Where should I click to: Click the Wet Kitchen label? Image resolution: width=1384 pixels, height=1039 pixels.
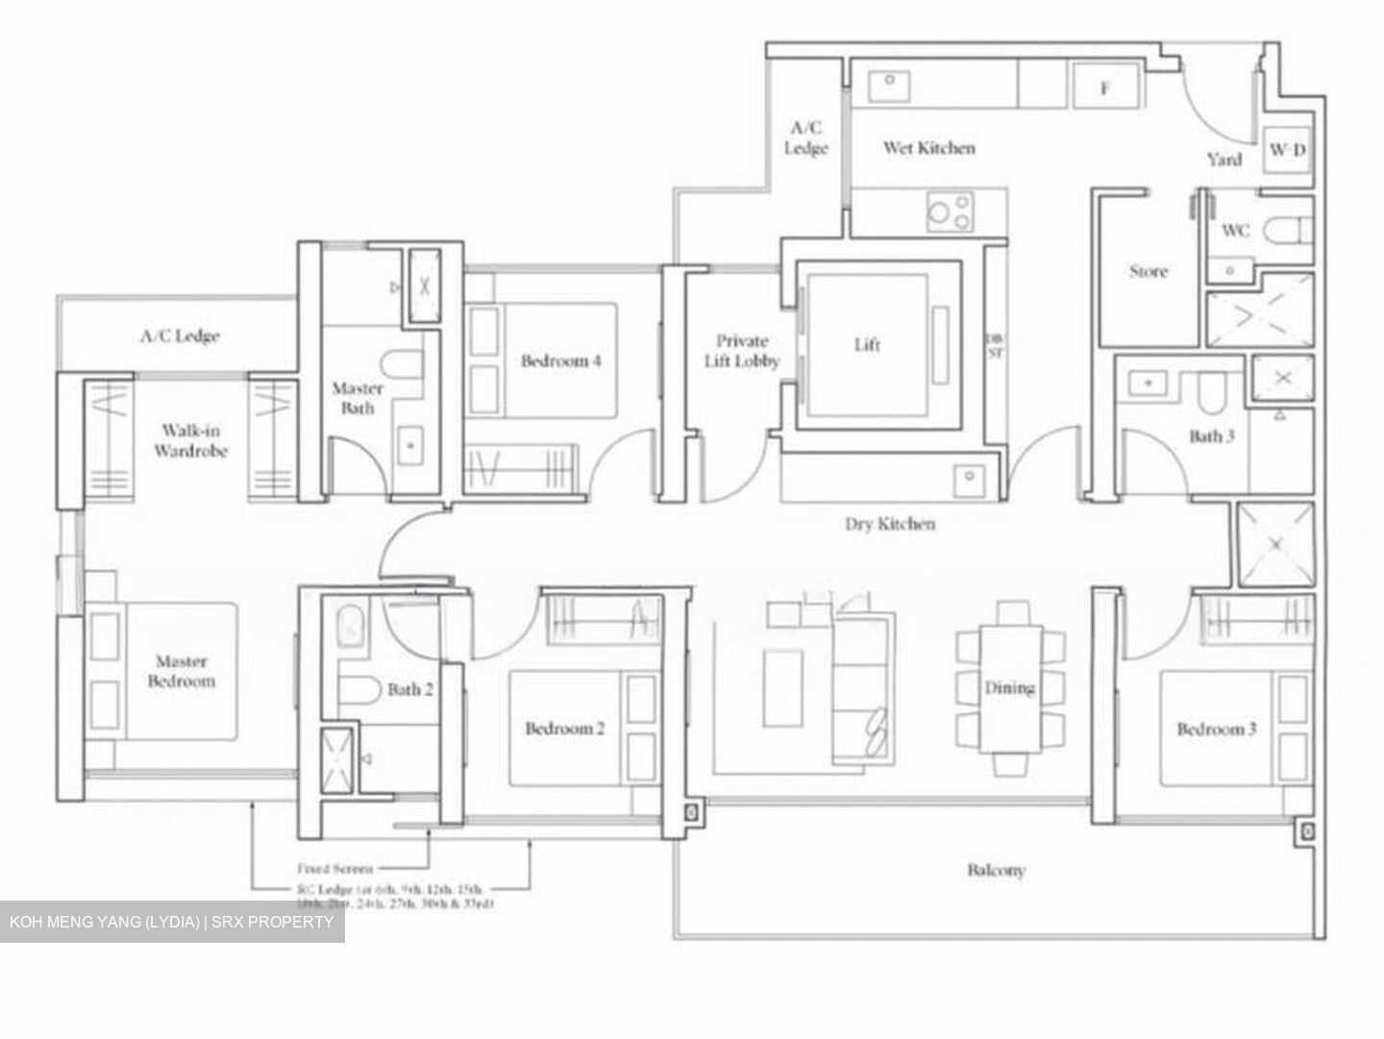tap(928, 148)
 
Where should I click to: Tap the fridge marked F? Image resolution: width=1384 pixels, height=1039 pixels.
tap(1105, 88)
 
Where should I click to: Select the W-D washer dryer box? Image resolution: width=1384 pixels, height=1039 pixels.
tap(1287, 150)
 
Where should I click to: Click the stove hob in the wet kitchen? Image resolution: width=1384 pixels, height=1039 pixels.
tap(950, 211)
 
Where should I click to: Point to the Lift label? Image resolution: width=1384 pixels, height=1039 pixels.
tap(867, 344)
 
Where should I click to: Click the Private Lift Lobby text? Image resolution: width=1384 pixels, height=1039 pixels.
tap(741, 351)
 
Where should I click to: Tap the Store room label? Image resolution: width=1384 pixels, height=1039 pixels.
tap(1149, 272)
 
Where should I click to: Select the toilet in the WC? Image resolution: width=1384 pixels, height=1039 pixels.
tap(1287, 231)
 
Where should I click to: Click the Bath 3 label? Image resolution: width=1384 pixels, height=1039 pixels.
tap(1211, 436)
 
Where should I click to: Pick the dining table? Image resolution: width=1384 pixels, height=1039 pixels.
tap(1010, 688)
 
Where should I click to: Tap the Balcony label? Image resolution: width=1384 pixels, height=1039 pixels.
tap(996, 870)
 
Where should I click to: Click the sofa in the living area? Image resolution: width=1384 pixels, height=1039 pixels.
tap(863, 688)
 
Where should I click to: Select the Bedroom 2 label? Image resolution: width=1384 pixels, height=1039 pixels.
tap(565, 729)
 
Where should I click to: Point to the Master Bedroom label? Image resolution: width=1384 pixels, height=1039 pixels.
tap(181, 672)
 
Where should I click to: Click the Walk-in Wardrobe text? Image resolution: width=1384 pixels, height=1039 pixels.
tap(190, 440)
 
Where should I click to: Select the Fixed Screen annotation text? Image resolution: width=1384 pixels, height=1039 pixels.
tap(334, 868)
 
